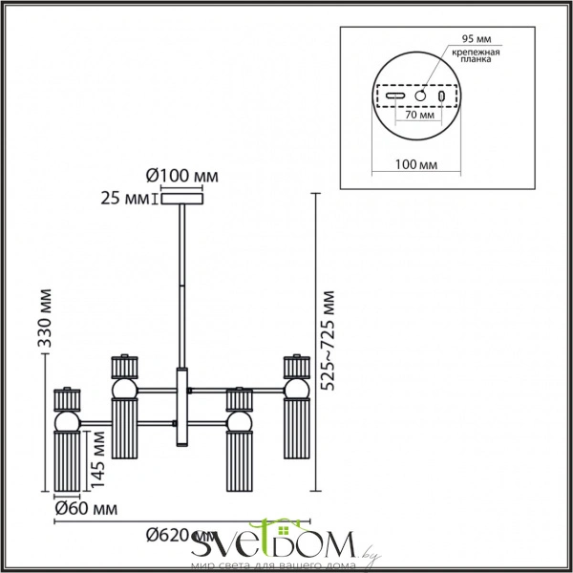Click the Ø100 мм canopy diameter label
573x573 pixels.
pos(180,177)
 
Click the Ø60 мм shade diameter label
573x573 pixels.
pos(79,509)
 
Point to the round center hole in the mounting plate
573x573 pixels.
pos(419,95)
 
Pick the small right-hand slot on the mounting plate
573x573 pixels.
pos(441,96)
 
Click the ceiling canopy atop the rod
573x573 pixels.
pos(180,200)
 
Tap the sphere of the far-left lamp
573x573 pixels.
pos(68,421)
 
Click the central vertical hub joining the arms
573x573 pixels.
pos(180,406)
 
